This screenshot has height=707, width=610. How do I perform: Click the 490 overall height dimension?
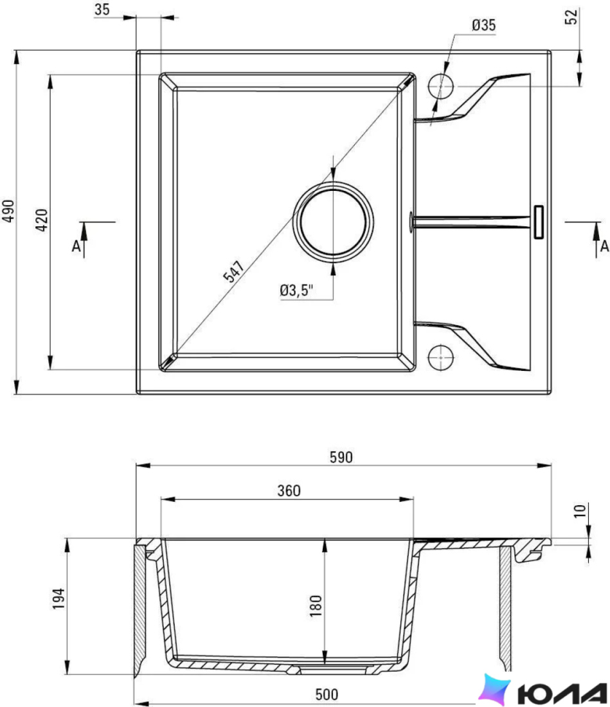(8, 211)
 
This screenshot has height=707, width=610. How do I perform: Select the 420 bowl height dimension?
(42, 220)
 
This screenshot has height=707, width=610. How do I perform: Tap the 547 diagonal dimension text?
(234, 271)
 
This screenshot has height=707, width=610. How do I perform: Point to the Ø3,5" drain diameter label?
(296, 290)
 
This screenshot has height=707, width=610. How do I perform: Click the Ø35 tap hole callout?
(484, 25)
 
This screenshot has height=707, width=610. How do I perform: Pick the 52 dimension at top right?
(571, 17)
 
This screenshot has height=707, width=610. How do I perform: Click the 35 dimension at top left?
(102, 10)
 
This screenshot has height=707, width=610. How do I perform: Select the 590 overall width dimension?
(341, 457)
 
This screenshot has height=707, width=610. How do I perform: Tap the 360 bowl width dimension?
(289, 490)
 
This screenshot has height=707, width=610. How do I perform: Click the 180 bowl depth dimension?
(316, 605)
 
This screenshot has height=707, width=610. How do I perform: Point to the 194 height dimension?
(58, 599)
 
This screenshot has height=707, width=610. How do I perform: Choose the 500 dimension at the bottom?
(327, 694)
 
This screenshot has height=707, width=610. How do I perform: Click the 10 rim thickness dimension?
(580, 511)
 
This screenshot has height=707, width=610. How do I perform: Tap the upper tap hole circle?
(440, 85)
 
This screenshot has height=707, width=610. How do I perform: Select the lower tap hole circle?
(440, 357)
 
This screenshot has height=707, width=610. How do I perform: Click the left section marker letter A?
(76, 246)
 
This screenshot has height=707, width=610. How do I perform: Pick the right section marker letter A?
(605, 246)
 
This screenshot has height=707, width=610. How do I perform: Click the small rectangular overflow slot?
(539, 222)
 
